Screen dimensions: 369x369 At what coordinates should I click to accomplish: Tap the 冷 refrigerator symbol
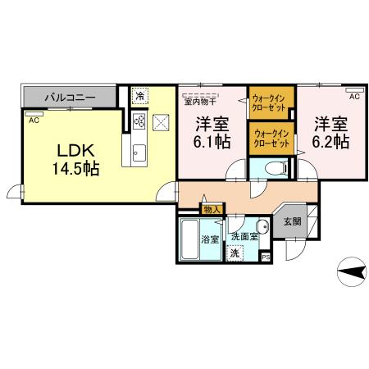pos(140,96)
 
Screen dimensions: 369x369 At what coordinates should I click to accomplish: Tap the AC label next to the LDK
pos(34,120)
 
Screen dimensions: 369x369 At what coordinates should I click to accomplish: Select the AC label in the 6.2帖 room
pos(354,96)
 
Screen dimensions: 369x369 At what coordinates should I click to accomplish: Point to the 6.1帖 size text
pos(212,142)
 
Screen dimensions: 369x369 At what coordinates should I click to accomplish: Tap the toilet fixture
pos(276,167)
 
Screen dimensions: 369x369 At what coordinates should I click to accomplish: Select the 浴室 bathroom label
pos(209,240)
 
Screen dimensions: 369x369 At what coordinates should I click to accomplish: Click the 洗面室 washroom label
pos(244,236)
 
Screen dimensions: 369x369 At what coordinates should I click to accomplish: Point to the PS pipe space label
pos(265,257)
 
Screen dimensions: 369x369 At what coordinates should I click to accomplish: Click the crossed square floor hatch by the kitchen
pos(161,123)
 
